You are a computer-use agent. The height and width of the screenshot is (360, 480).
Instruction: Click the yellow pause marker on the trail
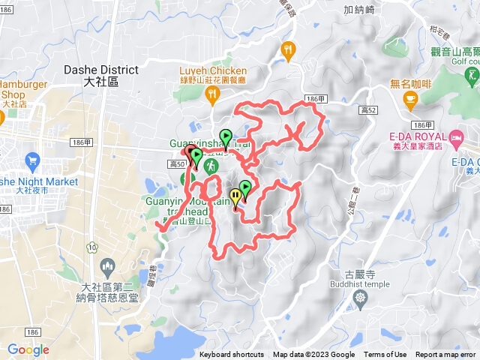[236, 197]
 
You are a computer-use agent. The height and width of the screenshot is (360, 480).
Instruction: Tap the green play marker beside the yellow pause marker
[244, 189]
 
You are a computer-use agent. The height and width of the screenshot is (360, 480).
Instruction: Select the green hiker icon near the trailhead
[211, 164]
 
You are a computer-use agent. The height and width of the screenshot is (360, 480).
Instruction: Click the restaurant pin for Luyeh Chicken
[212, 94]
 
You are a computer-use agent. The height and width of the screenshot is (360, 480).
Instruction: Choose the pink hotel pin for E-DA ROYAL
[456, 137]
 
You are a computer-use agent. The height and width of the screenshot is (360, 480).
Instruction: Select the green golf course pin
[472, 75]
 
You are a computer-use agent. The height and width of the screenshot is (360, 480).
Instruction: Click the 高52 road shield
[367, 110]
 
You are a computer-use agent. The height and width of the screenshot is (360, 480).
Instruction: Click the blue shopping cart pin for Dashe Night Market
[32, 160]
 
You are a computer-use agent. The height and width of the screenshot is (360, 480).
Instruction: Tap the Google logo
[28, 349]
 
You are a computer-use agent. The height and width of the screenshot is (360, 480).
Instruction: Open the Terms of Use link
[385, 355]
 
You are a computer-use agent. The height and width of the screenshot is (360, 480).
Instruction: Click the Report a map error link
[445, 355]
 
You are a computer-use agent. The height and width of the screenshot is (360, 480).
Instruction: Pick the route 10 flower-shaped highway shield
[91, 246]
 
